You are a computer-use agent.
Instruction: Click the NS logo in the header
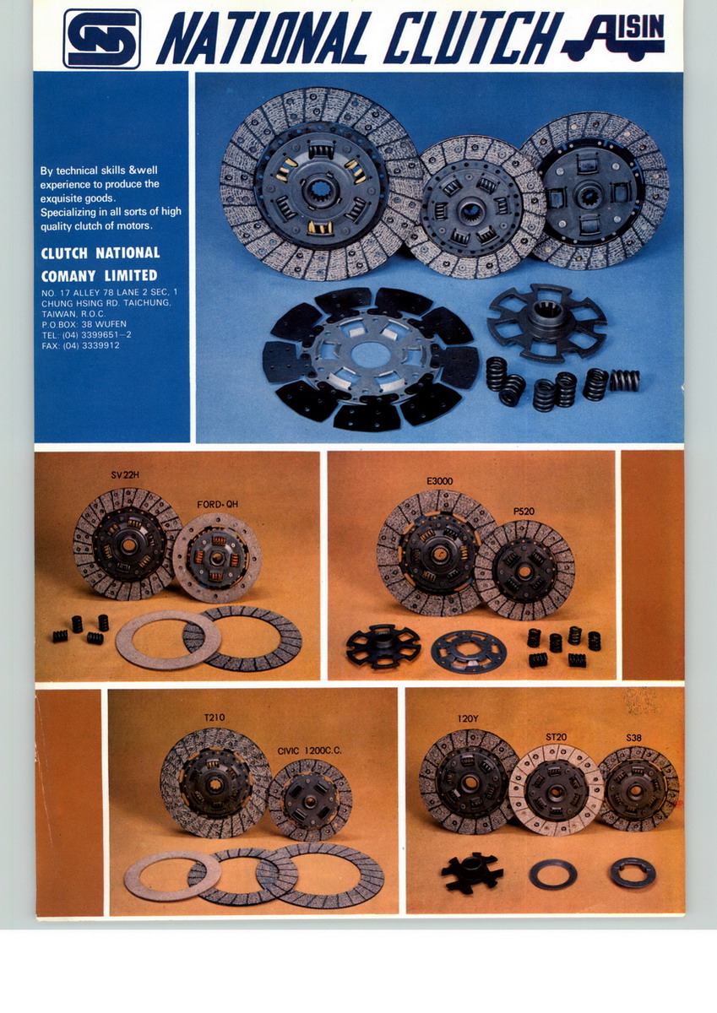tap(102, 39)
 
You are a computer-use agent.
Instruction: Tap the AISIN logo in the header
tap(613, 36)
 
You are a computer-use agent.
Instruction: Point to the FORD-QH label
tap(218, 504)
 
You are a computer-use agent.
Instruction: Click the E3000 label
tap(440, 481)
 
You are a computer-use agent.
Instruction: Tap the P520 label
tap(524, 512)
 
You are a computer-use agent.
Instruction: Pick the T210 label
tap(214, 718)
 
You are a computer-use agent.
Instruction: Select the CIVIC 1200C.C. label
tap(309, 751)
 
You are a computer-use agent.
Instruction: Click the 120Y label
tap(468, 718)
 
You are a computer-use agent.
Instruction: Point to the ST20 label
tap(556, 737)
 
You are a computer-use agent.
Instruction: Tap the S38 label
tap(633, 738)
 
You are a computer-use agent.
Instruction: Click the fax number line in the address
tap(80, 345)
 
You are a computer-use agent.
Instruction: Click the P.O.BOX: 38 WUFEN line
tap(84, 324)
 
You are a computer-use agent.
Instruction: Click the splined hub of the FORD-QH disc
tap(216, 559)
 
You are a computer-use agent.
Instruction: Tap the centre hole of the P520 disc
tap(524, 572)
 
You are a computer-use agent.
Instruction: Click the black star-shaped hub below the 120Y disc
tap(472, 873)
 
